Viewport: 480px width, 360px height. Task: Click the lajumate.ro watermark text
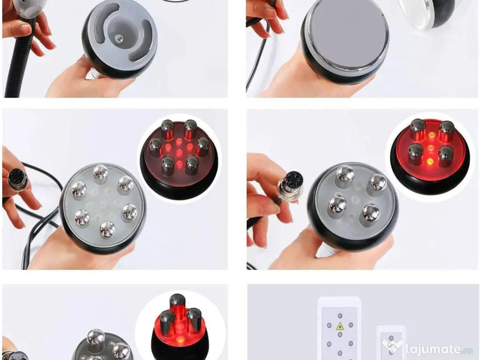point(439,349)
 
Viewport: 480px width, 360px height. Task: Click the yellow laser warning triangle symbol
point(340,326)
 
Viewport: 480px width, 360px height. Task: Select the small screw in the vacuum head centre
point(120,38)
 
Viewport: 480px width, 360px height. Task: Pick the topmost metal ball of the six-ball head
point(100,173)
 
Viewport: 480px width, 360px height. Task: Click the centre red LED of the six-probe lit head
point(179,152)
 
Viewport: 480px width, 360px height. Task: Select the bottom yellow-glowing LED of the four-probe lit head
point(430,161)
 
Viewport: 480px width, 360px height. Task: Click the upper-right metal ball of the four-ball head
point(378,183)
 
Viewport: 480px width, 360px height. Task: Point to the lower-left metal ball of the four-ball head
point(337,205)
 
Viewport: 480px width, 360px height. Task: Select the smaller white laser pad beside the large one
point(391,343)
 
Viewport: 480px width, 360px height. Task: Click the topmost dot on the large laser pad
point(340,315)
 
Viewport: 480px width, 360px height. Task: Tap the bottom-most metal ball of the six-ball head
point(108,229)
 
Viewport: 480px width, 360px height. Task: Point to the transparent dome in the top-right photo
point(426,13)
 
